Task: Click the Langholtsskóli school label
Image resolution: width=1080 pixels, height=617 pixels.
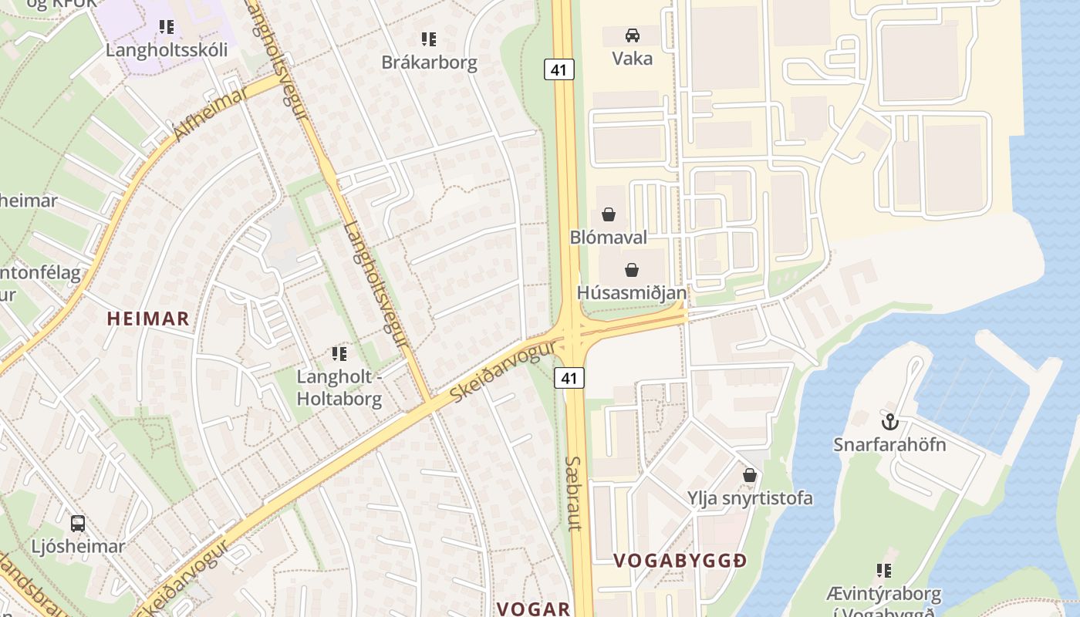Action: pos(167,50)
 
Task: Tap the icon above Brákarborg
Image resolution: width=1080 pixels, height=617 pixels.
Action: pos(429,39)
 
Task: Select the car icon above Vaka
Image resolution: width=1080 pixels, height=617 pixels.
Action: pos(632,35)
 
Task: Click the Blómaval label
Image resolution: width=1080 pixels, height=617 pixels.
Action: pos(609,237)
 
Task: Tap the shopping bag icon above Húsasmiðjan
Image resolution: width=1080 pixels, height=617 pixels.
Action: pos(632,270)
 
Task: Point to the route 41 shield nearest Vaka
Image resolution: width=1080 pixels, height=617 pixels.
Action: pos(559,69)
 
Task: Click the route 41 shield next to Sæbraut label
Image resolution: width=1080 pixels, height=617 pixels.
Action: pos(569,378)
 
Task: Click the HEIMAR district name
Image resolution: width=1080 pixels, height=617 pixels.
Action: pos(148,319)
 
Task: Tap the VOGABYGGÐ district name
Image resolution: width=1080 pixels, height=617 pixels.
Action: pos(680,561)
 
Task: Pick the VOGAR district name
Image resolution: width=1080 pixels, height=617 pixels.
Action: pos(533,609)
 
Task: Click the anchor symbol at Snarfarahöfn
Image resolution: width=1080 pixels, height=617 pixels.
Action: pos(890,422)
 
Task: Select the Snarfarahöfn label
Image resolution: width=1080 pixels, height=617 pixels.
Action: pos(889,445)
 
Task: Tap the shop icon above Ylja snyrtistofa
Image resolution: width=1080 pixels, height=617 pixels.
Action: pos(749,475)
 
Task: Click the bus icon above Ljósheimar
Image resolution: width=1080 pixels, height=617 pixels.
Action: pos(78,524)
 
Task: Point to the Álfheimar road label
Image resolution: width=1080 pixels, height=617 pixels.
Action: pos(211,114)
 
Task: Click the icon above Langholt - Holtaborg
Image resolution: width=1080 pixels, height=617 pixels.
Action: pos(339,354)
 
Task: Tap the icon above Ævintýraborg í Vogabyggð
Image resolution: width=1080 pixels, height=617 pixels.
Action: pos(883,571)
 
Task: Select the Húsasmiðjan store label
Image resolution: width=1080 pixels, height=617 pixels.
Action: pos(632,292)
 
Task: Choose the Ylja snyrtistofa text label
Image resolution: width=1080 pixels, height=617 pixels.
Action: pos(750,498)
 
